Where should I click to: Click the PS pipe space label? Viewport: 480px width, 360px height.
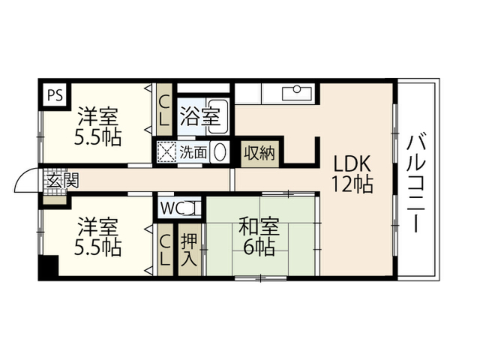[55, 94]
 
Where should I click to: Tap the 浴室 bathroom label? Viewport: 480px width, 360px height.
[200, 116]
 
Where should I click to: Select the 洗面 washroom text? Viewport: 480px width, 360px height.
[193, 151]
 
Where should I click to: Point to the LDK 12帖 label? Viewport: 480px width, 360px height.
[352, 174]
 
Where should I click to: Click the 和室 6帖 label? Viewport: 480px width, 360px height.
[259, 236]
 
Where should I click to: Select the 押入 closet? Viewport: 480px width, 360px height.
[190, 250]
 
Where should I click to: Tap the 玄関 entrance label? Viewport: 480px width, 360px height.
[63, 181]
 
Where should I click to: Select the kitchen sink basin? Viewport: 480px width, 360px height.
[297, 93]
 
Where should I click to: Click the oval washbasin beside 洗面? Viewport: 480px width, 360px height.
[220, 151]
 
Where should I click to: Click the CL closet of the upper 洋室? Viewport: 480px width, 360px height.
[164, 109]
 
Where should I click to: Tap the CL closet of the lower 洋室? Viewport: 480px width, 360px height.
[165, 250]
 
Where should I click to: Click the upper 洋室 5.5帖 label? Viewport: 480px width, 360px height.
[98, 126]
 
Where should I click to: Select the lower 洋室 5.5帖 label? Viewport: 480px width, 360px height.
[98, 237]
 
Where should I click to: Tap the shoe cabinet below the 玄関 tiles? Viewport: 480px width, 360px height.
[55, 200]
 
